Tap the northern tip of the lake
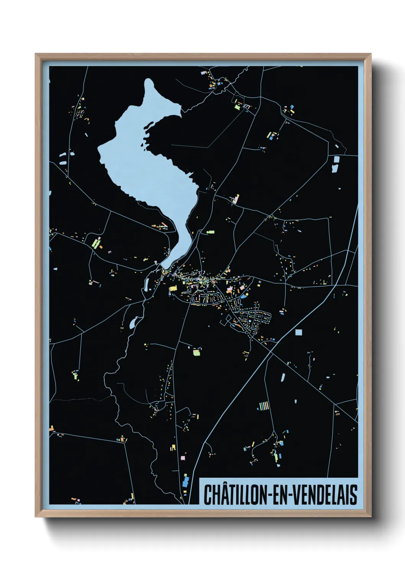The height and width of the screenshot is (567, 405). point(149,81)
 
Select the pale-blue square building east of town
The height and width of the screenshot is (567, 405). point(299,333)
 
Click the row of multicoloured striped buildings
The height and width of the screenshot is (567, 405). point(263,405)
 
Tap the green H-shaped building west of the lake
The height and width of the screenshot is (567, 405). point(96,243)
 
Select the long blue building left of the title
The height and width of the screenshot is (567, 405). point(186,480)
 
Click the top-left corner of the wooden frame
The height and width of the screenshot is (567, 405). point(36,54)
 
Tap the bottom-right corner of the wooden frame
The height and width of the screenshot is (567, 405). point(371,517)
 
